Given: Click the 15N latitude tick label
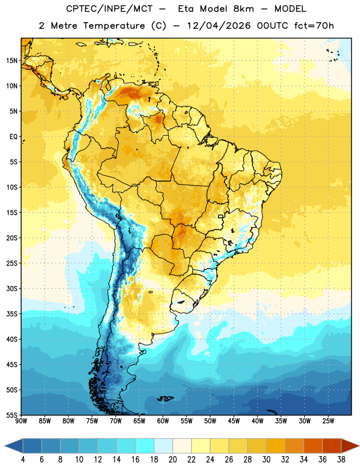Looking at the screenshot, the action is tap(12, 61).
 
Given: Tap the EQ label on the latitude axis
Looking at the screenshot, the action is tap(13, 137).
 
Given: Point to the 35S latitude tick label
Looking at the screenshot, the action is tap(12, 314).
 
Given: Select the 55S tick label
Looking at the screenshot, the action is tap(12, 415).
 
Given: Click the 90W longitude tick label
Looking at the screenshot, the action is tap(21, 421).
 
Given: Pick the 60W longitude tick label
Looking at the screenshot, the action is tap(163, 421).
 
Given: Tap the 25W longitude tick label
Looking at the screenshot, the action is tap(328, 421).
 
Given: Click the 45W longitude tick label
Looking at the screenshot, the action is tap(234, 421).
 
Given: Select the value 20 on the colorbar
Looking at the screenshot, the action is tap(172, 460).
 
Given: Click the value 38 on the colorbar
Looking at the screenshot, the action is tap(341, 460).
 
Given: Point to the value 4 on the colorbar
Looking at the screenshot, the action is tap(23, 460).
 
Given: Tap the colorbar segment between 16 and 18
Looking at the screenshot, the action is tap(145, 446).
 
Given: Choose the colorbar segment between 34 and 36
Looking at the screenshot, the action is tap(313, 446).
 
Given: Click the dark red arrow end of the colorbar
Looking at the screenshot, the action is tap(350, 446).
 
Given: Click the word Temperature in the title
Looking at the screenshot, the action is tap(114, 26).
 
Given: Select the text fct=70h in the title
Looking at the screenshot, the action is tap(314, 26).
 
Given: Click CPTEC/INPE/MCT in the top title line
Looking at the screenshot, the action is tap(109, 9).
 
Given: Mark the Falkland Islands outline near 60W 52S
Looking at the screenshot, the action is tap(165, 398).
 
